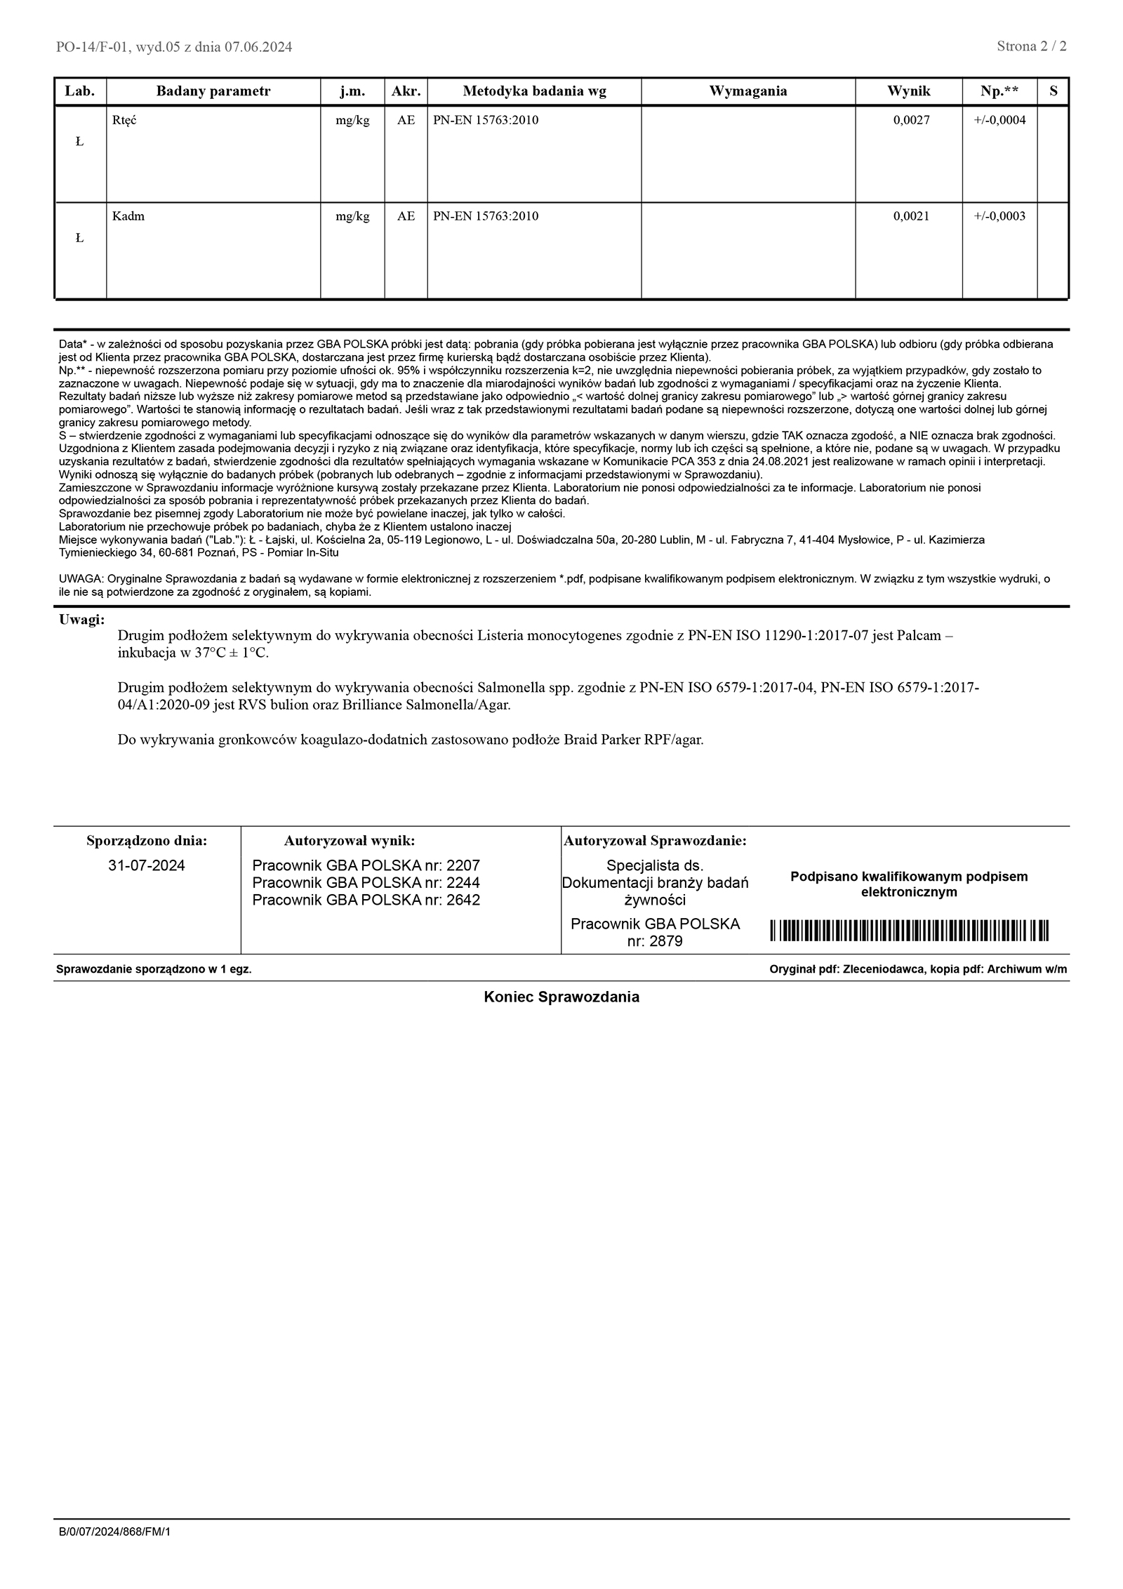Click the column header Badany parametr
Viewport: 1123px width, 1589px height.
(x=213, y=91)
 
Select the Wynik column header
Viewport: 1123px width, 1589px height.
(x=908, y=91)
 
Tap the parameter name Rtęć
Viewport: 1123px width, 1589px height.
(x=124, y=120)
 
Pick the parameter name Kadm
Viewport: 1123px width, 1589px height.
(x=128, y=216)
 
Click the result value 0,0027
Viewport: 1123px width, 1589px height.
(x=911, y=120)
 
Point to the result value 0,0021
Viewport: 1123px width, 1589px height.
(x=911, y=216)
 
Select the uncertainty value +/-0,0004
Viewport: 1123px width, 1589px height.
(x=999, y=120)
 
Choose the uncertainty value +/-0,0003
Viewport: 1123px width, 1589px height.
(x=999, y=216)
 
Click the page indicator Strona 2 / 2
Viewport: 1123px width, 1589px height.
(x=1031, y=47)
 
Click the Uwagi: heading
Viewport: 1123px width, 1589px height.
(x=82, y=620)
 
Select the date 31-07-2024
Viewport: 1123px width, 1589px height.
(x=147, y=865)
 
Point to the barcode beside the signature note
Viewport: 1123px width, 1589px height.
(x=909, y=930)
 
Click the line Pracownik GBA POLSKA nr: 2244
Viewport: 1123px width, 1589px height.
(x=366, y=883)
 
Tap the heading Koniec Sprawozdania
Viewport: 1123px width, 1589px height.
(x=561, y=997)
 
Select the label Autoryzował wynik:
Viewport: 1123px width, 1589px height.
(x=349, y=841)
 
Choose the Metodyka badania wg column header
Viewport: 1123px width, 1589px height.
(x=534, y=91)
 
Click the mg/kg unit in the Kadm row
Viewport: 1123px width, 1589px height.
(x=352, y=216)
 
